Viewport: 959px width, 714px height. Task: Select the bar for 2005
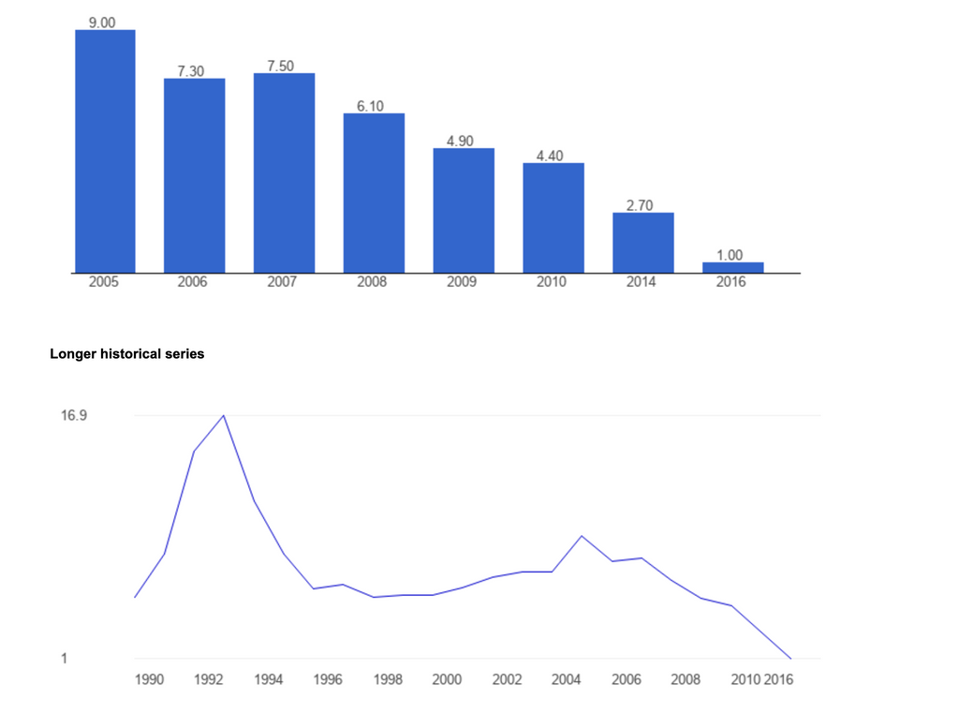tap(105, 152)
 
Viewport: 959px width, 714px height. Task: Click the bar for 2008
tap(374, 193)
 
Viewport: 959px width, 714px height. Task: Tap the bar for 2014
tap(643, 243)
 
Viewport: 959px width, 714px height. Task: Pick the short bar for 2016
tap(733, 268)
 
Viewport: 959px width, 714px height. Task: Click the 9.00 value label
tap(102, 22)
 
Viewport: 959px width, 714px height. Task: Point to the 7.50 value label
tap(284, 66)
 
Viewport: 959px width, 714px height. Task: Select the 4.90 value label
tap(460, 141)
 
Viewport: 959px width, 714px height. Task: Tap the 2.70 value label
tap(640, 205)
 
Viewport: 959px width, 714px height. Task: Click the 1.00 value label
tap(730, 255)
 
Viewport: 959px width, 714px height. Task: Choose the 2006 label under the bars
tap(192, 282)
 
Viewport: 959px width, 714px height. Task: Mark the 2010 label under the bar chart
tap(552, 282)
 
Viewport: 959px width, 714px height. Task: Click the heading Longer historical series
tap(126, 354)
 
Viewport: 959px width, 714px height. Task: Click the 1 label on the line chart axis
tap(65, 659)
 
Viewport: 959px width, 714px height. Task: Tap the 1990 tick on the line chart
tap(150, 679)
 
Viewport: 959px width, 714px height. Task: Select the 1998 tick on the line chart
tap(388, 679)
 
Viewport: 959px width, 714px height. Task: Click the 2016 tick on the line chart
tap(778, 679)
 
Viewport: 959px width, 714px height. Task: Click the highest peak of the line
tap(224, 415)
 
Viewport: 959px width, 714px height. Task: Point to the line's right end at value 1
tap(791, 659)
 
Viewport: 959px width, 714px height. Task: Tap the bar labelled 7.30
tap(194, 175)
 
